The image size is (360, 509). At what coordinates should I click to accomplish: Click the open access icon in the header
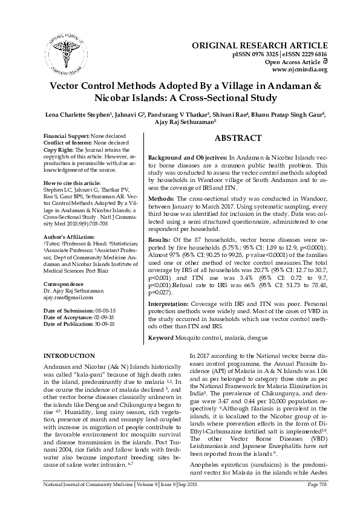[324, 61]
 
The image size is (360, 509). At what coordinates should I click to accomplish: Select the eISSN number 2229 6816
[310, 53]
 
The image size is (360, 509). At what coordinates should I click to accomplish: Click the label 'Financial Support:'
[70, 137]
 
